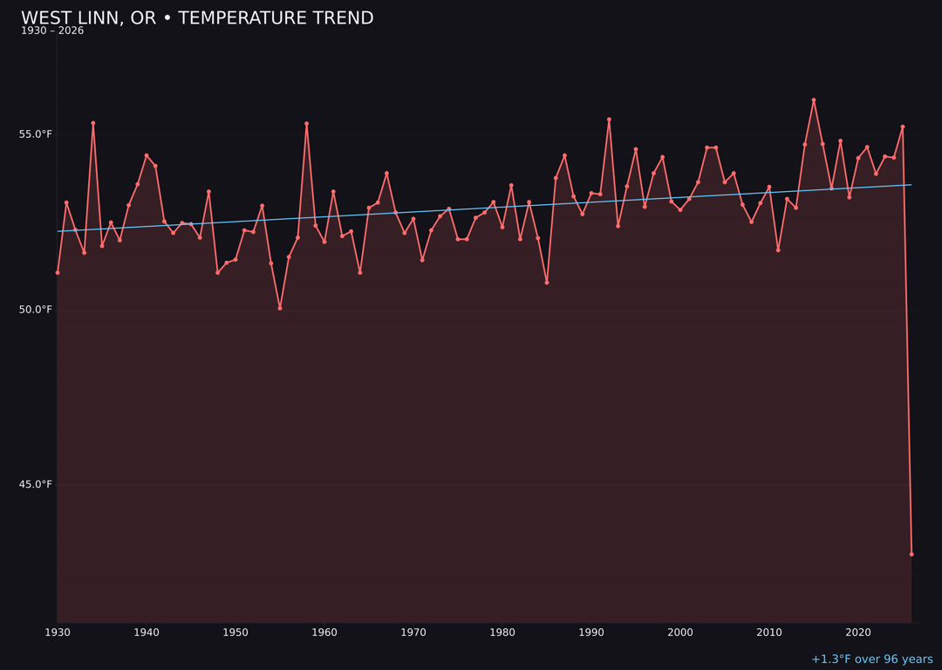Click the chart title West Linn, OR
pos(197,18)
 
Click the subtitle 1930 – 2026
pos(52,31)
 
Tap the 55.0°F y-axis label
pos(36,134)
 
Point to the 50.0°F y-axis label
pos(36,310)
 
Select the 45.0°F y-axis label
pos(36,485)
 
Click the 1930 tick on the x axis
pos(58,632)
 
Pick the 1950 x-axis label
pos(235,632)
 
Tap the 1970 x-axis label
pos(413,632)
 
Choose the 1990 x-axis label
pos(591,632)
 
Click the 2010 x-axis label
pos(769,632)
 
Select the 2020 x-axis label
pos(858,632)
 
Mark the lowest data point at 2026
pos(911,554)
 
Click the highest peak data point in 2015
pos(814,100)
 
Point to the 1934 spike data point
pos(93,123)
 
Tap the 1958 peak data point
pos(307,124)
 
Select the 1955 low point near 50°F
pos(280,308)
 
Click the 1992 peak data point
pos(609,120)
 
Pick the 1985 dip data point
pos(547,283)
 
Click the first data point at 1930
pos(58,273)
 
